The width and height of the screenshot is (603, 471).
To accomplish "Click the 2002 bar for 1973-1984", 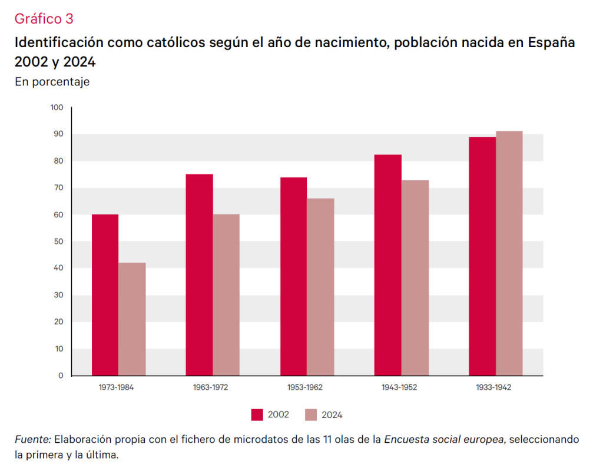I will [x=105, y=294].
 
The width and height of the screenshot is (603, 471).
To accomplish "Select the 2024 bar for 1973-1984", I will [x=132, y=319].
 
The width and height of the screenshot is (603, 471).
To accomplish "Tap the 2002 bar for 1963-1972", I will [x=199, y=274].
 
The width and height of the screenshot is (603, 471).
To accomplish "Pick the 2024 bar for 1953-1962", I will [x=320, y=287].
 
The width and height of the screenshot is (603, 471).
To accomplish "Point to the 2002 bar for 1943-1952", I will [x=388, y=265].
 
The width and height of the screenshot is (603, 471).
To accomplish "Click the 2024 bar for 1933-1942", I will [x=509, y=253].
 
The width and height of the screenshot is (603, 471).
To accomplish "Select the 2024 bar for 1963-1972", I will [x=226, y=294].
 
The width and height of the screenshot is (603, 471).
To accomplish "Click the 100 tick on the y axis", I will [x=57, y=108].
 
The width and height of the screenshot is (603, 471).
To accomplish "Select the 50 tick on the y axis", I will [x=58, y=241].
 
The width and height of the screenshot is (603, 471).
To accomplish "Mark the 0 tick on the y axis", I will [x=61, y=376].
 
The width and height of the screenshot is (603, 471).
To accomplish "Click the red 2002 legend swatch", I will [x=257, y=414].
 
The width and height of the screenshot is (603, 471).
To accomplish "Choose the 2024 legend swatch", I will [x=310, y=414].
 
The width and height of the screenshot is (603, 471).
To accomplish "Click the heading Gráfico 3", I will [x=44, y=19].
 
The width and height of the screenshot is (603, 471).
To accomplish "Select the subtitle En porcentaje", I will [x=52, y=82].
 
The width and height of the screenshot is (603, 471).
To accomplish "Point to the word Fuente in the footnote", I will [x=33, y=440].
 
